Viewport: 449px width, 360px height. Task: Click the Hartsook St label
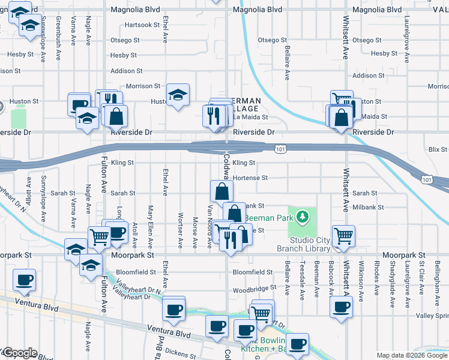point(142,25)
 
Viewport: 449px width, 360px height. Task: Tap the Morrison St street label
point(143,86)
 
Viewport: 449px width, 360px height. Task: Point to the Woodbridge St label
point(254,289)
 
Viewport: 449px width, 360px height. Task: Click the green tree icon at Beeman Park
point(304,215)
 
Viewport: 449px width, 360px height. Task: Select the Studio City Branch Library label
point(303,244)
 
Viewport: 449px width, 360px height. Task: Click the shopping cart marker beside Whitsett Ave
point(344,235)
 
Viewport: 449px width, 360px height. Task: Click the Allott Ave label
point(28,187)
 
